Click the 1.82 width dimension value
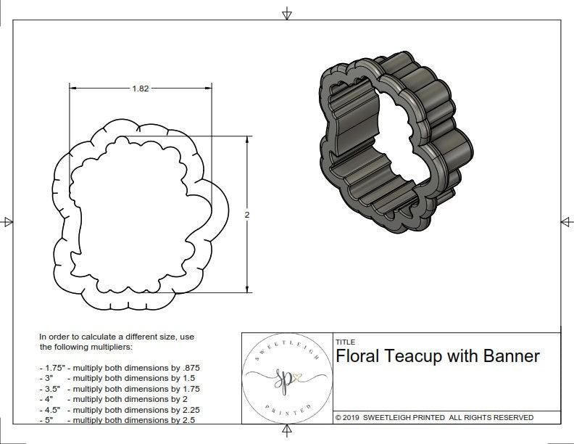coord(141,89)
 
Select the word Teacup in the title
coord(414,356)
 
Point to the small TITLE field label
coord(344,342)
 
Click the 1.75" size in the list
coord(51,369)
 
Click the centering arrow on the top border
coord(287,13)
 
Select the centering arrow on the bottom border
coord(287,432)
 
